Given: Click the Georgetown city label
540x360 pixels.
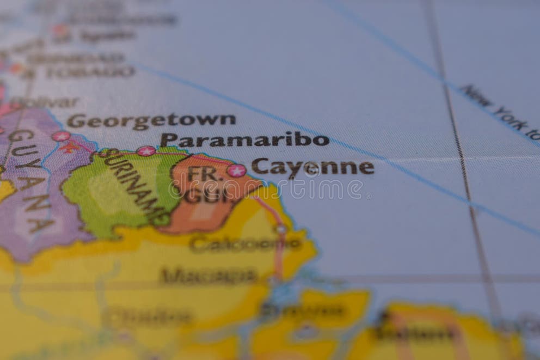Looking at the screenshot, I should click(151, 120).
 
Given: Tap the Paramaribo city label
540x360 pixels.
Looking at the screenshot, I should click(244, 140).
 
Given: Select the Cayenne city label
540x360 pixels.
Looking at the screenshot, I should click(312, 167).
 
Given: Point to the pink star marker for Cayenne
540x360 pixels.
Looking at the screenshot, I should click(236, 170).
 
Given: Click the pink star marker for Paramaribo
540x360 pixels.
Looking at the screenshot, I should click(145, 151).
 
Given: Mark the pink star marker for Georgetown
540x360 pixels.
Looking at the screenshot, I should click(60, 136).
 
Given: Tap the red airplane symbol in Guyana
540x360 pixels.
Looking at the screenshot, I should click(69, 147).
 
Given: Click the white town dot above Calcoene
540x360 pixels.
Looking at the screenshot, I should click(281, 230).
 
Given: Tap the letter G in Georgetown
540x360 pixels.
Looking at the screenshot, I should click(76, 121).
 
